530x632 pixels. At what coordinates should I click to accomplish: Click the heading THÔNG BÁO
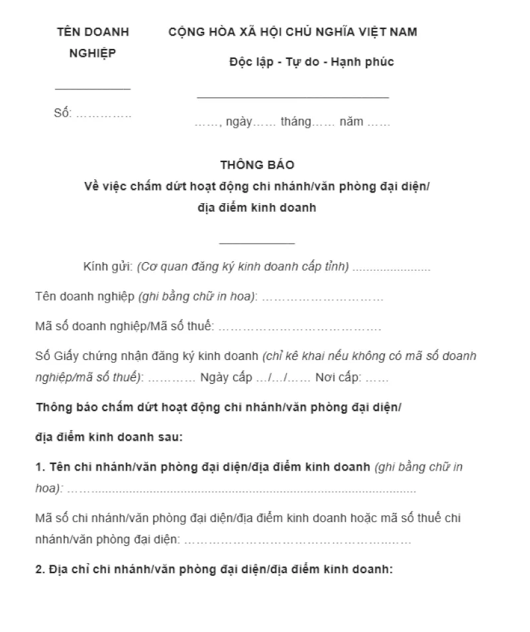(x=257, y=165)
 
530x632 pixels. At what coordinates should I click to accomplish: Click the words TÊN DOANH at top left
(x=93, y=32)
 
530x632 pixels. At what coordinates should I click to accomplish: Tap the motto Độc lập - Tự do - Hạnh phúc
(x=311, y=62)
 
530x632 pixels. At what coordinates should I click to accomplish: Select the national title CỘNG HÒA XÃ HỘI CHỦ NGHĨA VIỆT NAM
(x=293, y=32)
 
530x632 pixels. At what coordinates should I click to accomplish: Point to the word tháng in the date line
(x=295, y=122)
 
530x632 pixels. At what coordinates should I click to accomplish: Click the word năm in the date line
(x=351, y=122)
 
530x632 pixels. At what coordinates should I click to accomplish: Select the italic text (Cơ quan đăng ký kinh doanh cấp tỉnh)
(x=243, y=267)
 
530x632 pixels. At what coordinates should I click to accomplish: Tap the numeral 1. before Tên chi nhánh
(x=39, y=467)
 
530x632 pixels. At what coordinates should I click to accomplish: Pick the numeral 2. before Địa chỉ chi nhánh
(x=39, y=570)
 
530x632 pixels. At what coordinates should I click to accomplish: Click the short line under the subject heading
(x=257, y=242)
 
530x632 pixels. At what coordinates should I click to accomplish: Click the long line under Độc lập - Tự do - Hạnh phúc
(x=293, y=98)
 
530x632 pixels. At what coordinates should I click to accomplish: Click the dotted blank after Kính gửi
(x=392, y=268)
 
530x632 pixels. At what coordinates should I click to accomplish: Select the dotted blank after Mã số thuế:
(x=299, y=326)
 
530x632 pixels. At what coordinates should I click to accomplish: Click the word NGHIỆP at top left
(x=93, y=54)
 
